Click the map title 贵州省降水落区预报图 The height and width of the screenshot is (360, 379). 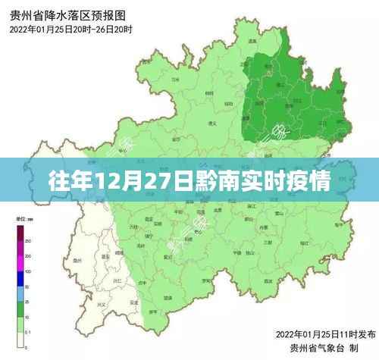67,14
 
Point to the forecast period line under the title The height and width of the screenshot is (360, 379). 71,30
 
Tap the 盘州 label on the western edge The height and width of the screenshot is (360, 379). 77,260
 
